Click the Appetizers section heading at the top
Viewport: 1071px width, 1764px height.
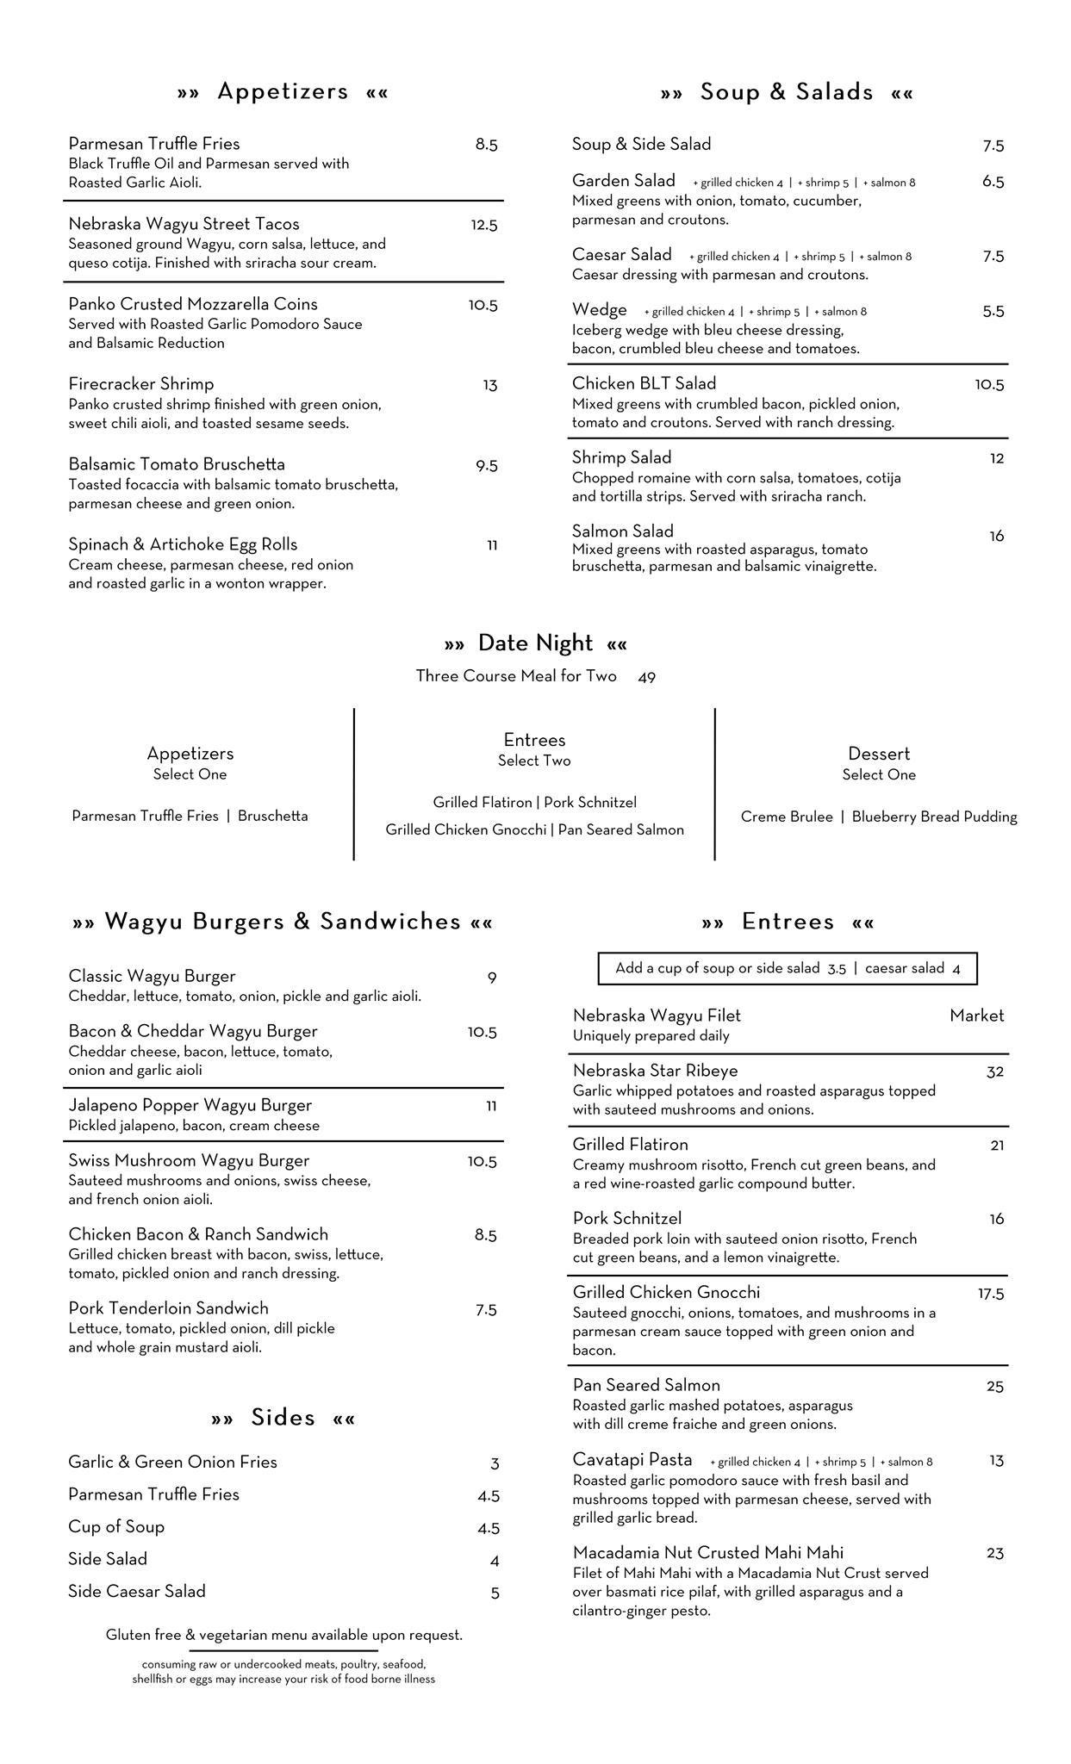point(283,91)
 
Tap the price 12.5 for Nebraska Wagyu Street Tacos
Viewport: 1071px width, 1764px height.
point(483,226)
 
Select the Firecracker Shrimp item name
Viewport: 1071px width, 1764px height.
point(141,384)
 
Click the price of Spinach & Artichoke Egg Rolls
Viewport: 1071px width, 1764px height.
point(492,545)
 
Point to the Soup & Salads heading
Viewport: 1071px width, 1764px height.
point(786,92)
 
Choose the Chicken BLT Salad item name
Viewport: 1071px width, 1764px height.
point(644,384)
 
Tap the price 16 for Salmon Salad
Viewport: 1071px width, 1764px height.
point(996,537)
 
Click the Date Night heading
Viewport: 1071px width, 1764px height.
point(535,643)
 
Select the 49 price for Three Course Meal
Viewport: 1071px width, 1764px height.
point(647,678)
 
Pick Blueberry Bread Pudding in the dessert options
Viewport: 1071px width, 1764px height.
point(934,817)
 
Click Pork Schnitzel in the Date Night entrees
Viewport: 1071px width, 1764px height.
point(590,803)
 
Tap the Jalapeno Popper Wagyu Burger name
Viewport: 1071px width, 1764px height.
point(190,1105)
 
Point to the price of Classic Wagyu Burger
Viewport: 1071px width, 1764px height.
point(492,978)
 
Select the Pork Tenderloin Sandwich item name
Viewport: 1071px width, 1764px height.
point(168,1308)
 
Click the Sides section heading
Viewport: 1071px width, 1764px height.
point(283,1418)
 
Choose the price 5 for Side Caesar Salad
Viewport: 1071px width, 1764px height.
point(495,1593)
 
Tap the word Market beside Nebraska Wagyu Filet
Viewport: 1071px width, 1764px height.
point(976,1016)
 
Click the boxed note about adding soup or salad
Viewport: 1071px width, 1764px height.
point(788,968)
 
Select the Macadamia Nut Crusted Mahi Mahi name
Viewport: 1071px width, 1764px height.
point(707,1553)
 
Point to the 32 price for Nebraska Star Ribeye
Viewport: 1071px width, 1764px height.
point(994,1072)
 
